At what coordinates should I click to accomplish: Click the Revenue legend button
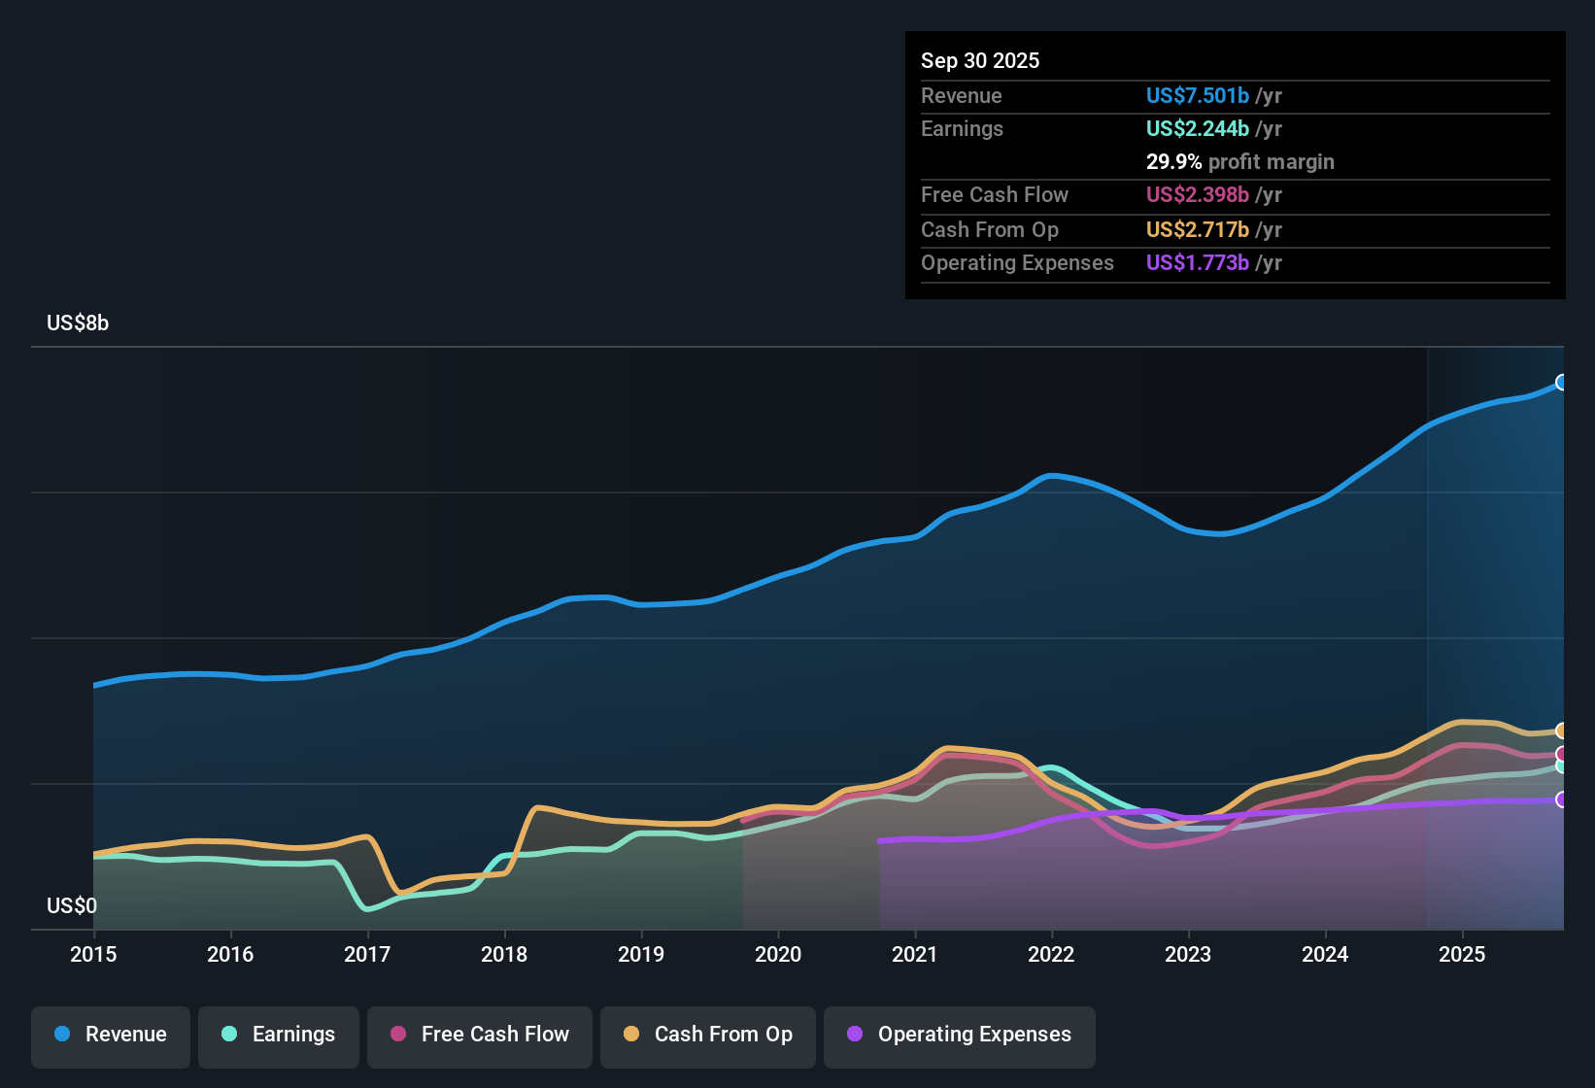tap(111, 1035)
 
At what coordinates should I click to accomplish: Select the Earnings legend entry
tap(279, 1035)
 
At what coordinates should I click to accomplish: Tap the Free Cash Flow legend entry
tap(480, 1035)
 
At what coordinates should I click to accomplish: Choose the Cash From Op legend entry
tap(708, 1035)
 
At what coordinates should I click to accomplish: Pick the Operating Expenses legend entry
tap(960, 1035)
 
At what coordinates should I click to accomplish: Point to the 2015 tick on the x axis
tap(93, 954)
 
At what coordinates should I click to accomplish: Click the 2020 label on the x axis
tap(778, 954)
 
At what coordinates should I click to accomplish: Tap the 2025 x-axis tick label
tap(1462, 954)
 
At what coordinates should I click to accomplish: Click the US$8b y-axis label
tap(78, 323)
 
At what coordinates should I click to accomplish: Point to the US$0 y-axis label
tap(72, 906)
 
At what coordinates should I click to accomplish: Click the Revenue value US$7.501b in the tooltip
tap(1197, 96)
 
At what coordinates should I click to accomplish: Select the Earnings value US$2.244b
tap(1197, 129)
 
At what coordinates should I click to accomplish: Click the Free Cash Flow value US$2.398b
tap(1197, 195)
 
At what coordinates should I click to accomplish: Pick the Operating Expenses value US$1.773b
tap(1197, 263)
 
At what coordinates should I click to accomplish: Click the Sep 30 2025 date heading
tap(980, 61)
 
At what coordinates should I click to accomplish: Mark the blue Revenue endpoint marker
tap(1562, 383)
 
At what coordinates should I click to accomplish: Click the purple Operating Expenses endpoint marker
tap(1562, 799)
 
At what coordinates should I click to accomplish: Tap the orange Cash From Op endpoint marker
tap(1562, 731)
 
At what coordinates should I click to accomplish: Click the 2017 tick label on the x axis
tap(367, 954)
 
